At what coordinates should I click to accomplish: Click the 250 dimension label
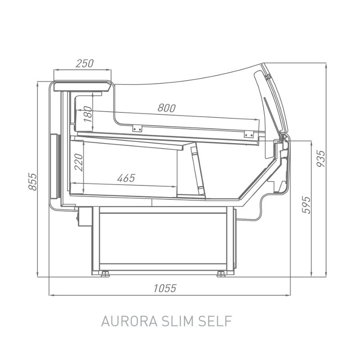[x=85, y=63]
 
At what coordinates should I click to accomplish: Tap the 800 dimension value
[x=166, y=108]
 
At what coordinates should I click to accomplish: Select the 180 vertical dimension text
[x=88, y=114]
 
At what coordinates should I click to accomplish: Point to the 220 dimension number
[x=79, y=162]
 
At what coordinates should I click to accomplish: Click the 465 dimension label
[x=126, y=178]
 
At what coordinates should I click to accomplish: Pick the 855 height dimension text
[x=32, y=182]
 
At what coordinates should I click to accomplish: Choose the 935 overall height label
[x=321, y=159]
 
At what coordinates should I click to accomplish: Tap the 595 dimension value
[x=306, y=205]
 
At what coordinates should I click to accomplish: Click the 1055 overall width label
[x=165, y=288]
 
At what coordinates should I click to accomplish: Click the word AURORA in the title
[x=129, y=321]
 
